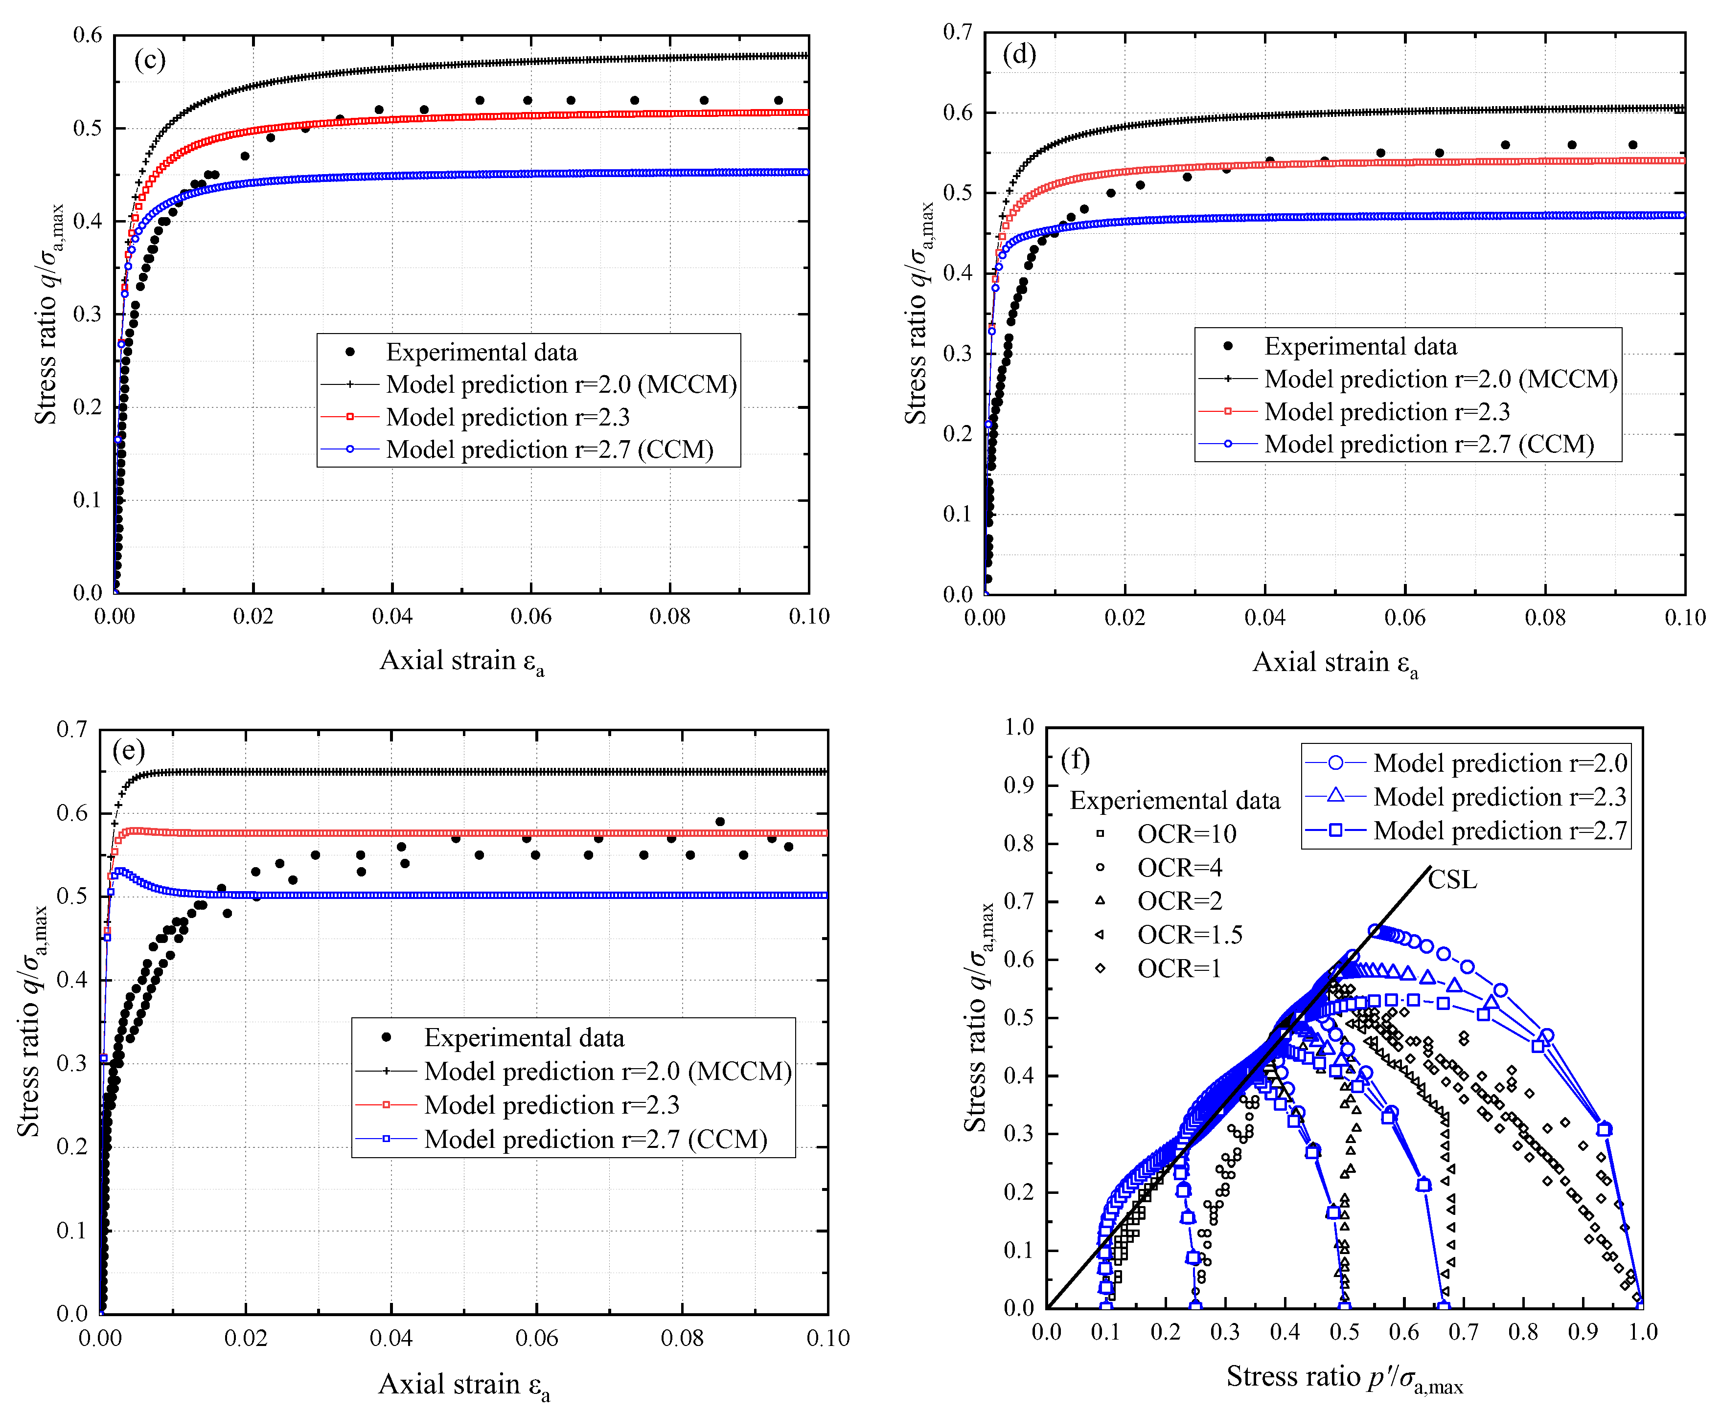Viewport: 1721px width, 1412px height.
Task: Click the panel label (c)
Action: point(150,60)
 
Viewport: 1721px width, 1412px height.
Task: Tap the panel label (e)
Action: point(129,749)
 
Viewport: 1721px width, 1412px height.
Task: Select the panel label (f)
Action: point(1076,759)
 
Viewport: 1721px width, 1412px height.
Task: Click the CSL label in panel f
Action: point(1452,880)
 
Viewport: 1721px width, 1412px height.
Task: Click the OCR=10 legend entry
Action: point(1186,834)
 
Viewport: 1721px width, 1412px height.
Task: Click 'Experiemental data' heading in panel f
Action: point(1174,800)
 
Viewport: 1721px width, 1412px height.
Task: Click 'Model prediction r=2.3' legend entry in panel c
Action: point(508,417)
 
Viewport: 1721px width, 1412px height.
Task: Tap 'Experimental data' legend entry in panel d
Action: point(1360,346)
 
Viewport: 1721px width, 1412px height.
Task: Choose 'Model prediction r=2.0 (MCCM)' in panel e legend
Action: point(607,1071)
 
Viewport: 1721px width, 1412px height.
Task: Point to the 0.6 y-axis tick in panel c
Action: point(88,35)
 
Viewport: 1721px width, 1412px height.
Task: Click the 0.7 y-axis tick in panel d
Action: point(958,33)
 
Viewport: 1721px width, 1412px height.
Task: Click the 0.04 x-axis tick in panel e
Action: point(391,1338)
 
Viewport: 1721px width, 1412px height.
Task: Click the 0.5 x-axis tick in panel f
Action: point(1344,1331)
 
